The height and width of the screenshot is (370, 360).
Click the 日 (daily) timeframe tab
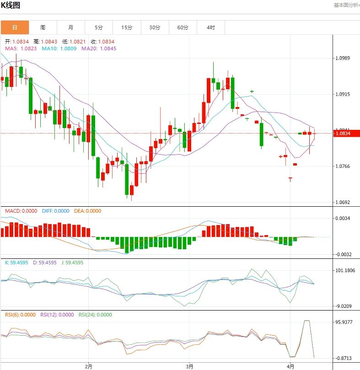15,27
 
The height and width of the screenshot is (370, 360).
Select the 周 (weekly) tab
43,27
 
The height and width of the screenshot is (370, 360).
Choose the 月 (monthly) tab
70,27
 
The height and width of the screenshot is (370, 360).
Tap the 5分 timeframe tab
99,27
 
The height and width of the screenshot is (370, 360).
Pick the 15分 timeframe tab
127,27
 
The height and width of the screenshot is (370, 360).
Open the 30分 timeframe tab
155,27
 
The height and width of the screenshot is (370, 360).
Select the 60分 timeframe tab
183,27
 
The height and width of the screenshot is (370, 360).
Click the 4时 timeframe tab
210,27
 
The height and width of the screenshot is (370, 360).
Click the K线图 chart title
10,6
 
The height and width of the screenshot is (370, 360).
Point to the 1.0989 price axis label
343,58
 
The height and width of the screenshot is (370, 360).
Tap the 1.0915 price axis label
343,94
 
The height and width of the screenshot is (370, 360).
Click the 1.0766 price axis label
343,166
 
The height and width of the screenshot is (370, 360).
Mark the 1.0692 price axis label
343,202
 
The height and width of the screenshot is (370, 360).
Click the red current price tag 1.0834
343,134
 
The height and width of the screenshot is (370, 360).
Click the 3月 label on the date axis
189,366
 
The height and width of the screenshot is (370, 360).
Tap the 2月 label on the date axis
89,366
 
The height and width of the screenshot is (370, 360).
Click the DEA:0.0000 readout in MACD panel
88,211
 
